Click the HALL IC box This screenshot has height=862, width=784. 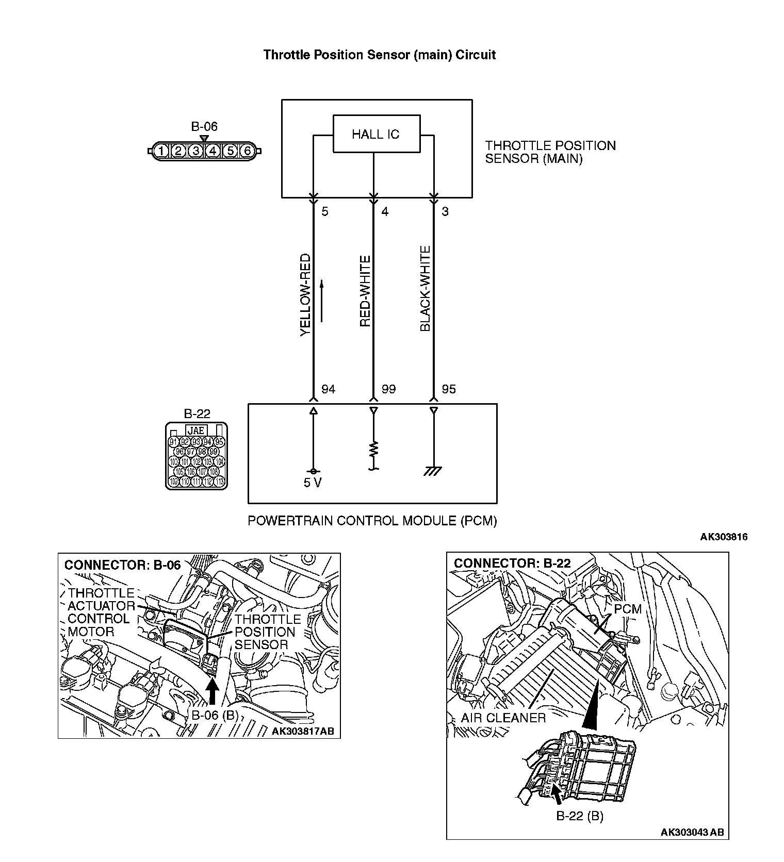pyautogui.click(x=376, y=134)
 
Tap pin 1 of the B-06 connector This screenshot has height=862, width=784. pyautogui.click(x=161, y=151)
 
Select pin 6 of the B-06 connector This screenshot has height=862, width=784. pyautogui.click(x=248, y=151)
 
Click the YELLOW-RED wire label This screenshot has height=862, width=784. pyautogui.click(x=305, y=295)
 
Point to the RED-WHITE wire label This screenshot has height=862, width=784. pyautogui.click(x=365, y=291)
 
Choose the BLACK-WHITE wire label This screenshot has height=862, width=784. pyautogui.click(x=425, y=289)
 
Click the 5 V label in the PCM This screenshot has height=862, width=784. pyautogui.click(x=312, y=483)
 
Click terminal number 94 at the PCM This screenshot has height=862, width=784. pyautogui.click(x=328, y=389)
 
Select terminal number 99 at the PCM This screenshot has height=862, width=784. pyautogui.click(x=388, y=389)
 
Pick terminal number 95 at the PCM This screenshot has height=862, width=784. pyautogui.click(x=449, y=389)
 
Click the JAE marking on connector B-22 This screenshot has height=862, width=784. pyautogui.click(x=196, y=430)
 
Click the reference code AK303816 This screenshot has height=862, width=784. pyautogui.click(x=723, y=537)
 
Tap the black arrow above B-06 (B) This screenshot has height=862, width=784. pyautogui.click(x=212, y=690)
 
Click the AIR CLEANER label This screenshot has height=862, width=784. pyautogui.click(x=503, y=718)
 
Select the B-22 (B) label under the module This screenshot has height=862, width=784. pyautogui.click(x=579, y=816)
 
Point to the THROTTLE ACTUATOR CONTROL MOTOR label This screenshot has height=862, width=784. pyautogui.click(x=100, y=612)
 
